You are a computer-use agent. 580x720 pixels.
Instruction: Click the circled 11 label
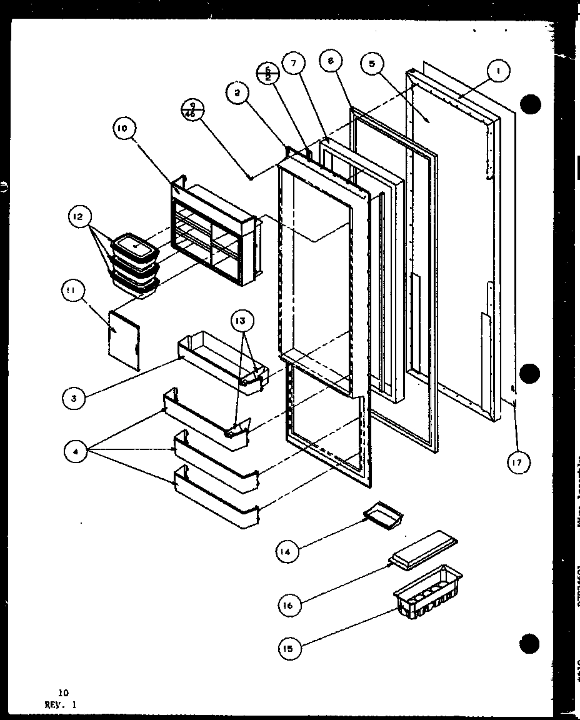pyautogui.click(x=72, y=292)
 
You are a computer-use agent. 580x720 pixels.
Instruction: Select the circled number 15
pyautogui.click(x=290, y=649)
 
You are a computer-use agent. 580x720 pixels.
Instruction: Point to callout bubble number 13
pyautogui.click(x=242, y=322)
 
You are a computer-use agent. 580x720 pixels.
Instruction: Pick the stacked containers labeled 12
pyautogui.click(x=133, y=262)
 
